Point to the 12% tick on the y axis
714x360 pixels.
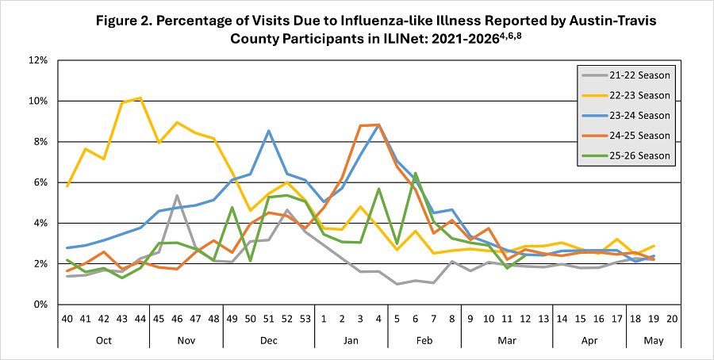39,60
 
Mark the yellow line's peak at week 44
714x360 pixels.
141,98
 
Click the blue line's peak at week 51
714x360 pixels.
269,131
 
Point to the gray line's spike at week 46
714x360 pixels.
178,196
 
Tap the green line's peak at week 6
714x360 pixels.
416,173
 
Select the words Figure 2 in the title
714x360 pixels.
128,18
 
